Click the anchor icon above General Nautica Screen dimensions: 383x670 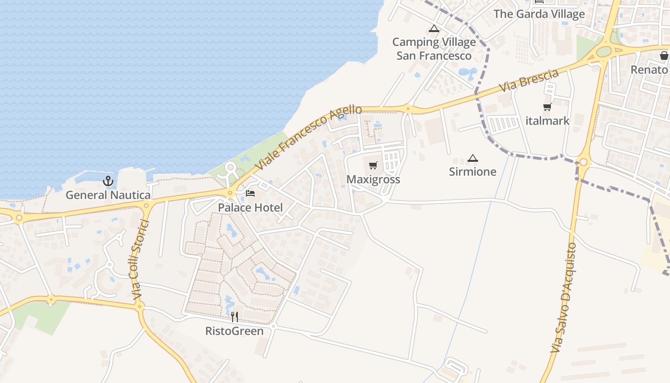[x=108, y=181]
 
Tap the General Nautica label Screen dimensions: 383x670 [x=108, y=195]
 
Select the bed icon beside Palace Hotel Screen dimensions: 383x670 [x=250, y=193]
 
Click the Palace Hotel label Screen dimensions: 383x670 [x=250, y=208]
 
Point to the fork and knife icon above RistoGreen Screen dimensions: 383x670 [x=234, y=316]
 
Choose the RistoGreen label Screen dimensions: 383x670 [x=234, y=331]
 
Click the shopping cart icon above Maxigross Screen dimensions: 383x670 [x=373, y=166]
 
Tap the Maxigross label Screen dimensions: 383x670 [x=373, y=180]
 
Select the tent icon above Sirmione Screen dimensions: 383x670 [x=473, y=158]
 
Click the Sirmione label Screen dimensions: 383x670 [x=473, y=171]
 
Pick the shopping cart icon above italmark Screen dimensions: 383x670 [x=547, y=107]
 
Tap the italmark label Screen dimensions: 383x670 [x=547, y=121]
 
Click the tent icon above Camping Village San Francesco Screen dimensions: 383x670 [x=434, y=28]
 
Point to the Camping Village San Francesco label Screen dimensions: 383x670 [x=434, y=49]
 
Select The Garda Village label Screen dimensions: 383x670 [x=539, y=14]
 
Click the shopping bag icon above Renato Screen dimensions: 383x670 [x=664, y=56]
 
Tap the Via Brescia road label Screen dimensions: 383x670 [x=529, y=81]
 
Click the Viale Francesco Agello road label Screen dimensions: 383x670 [x=308, y=138]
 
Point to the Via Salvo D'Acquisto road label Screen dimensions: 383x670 [x=564, y=298]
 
